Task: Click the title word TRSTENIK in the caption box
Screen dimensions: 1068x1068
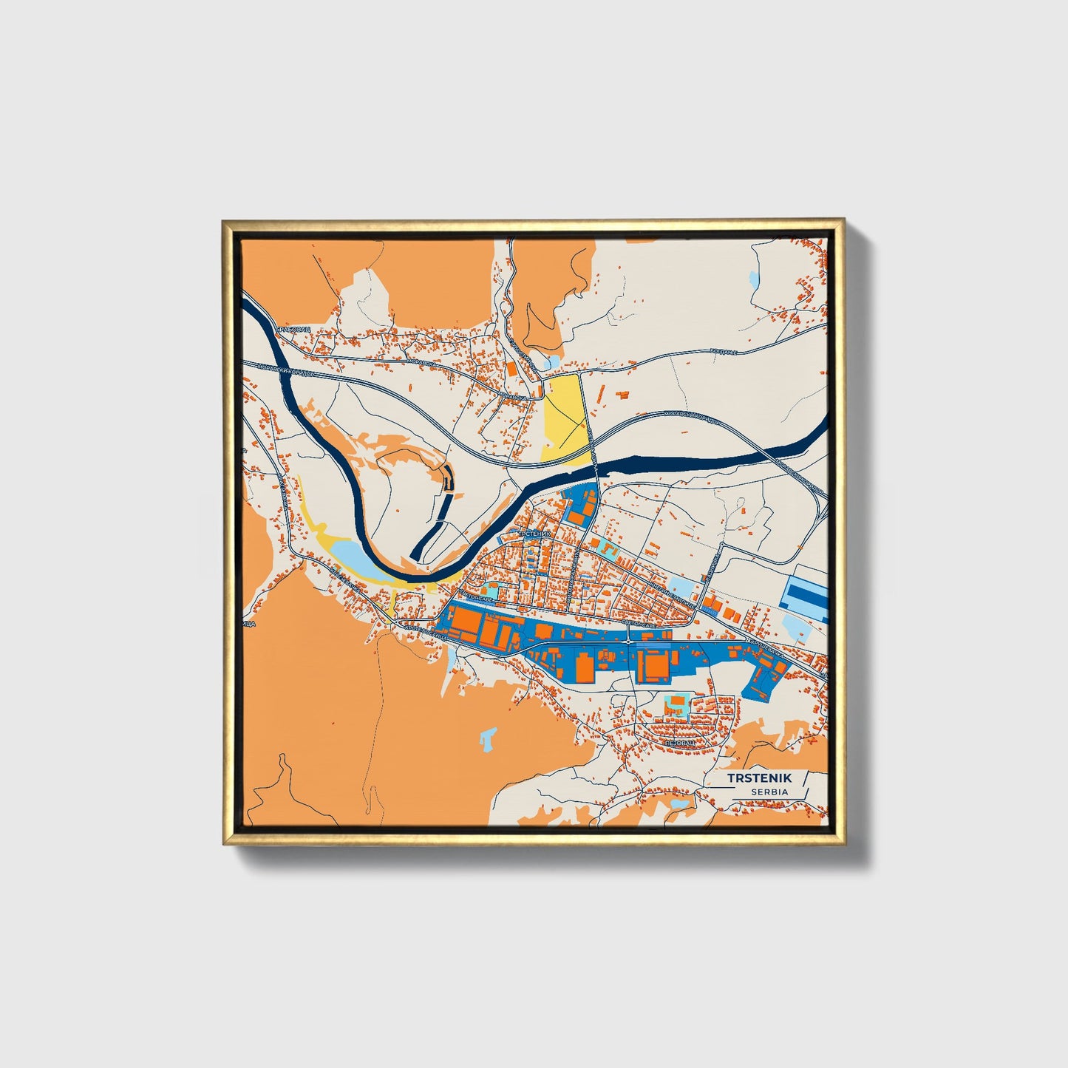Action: [x=759, y=778]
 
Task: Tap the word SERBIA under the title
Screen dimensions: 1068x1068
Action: [x=769, y=792]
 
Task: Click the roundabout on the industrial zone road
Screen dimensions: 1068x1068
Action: [x=627, y=642]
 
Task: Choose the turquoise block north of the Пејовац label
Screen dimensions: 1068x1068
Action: [x=678, y=704]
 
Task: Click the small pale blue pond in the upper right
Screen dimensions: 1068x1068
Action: [x=753, y=282]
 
